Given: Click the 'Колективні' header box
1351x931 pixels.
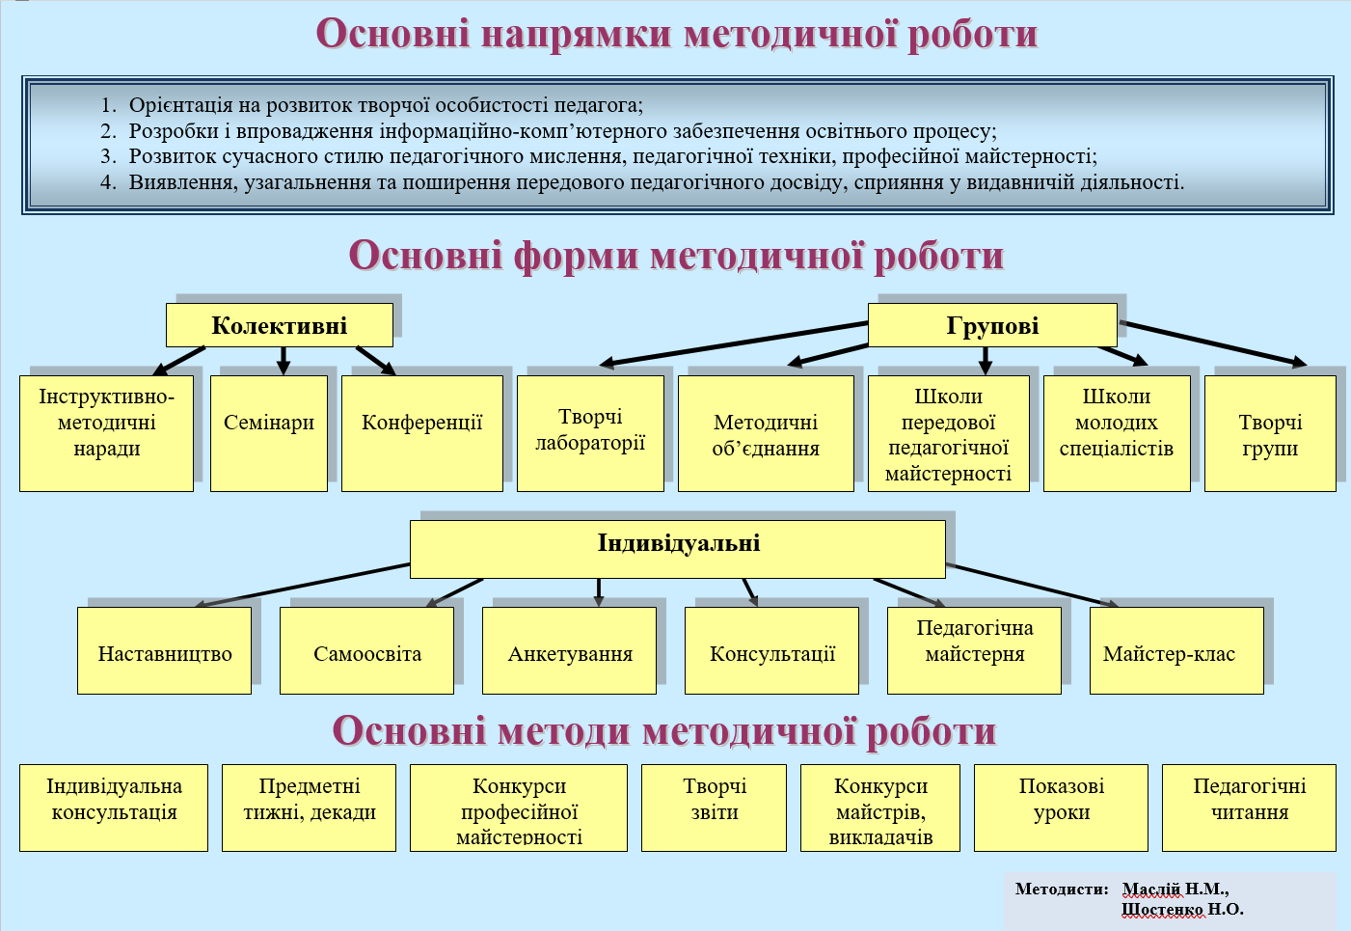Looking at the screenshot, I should click(x=279, y=325).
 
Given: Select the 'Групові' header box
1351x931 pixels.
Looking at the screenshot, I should click(x=992, y=325).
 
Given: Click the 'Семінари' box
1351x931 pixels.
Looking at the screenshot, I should click(x=269, y=432).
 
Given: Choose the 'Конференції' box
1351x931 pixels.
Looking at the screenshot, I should click(x=422, y=432).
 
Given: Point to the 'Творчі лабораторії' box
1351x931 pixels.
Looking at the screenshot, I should click(x=590, y=432).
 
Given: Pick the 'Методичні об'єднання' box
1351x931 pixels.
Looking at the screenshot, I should click(x=766, y=433).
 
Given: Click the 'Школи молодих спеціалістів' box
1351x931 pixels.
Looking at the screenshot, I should click(x=1117, y=432).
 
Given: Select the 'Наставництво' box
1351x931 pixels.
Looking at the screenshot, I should click(x=165, y=650).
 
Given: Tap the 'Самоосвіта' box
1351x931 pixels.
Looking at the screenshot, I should click(x=367, y=650).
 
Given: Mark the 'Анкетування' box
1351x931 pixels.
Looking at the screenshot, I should click(x=570, y=650).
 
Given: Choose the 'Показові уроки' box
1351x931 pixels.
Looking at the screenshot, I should click(x=1061, y=807).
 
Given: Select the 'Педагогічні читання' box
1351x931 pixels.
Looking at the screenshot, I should click(x=1249, y=807).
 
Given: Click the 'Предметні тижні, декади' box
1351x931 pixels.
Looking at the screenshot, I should click(x=309, y=807).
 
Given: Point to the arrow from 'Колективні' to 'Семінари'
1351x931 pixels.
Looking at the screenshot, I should click(x=284, y=360).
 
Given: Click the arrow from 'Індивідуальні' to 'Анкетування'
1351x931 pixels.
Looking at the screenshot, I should click(x=599, y=591).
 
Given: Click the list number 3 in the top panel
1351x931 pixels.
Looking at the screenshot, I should click(x=108, y=156).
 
